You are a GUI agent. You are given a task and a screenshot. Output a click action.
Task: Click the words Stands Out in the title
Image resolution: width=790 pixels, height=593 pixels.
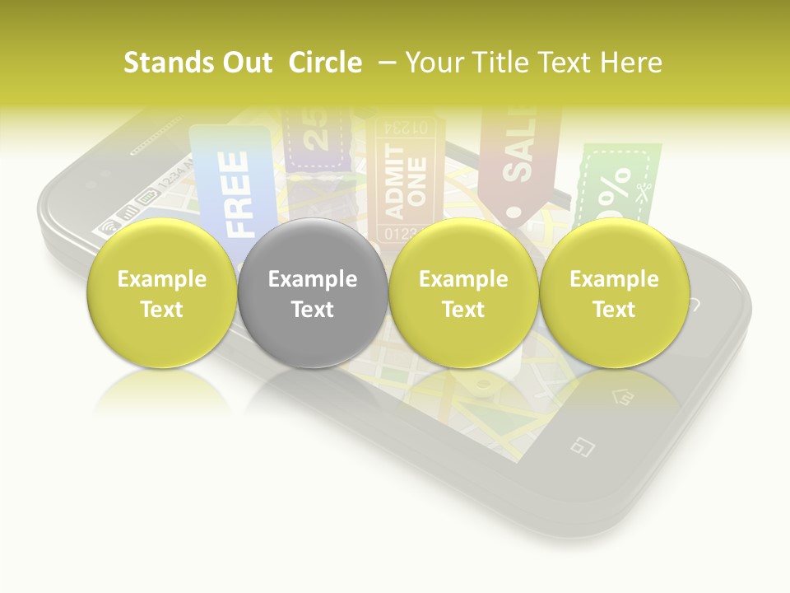tap(197, 63)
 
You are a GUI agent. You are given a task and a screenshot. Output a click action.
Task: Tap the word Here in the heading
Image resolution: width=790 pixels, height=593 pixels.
tap(634, 63)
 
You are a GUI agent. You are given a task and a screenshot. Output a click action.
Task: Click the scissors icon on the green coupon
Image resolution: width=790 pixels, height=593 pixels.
tap(644, 192)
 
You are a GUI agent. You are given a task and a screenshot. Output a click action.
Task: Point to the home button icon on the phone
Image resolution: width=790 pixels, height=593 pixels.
tap(621, 398)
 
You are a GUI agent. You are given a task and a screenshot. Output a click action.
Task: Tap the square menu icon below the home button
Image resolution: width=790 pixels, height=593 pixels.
tap(583, 446)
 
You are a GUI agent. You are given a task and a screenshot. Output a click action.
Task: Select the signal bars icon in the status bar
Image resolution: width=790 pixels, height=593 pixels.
tap(128, 212)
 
